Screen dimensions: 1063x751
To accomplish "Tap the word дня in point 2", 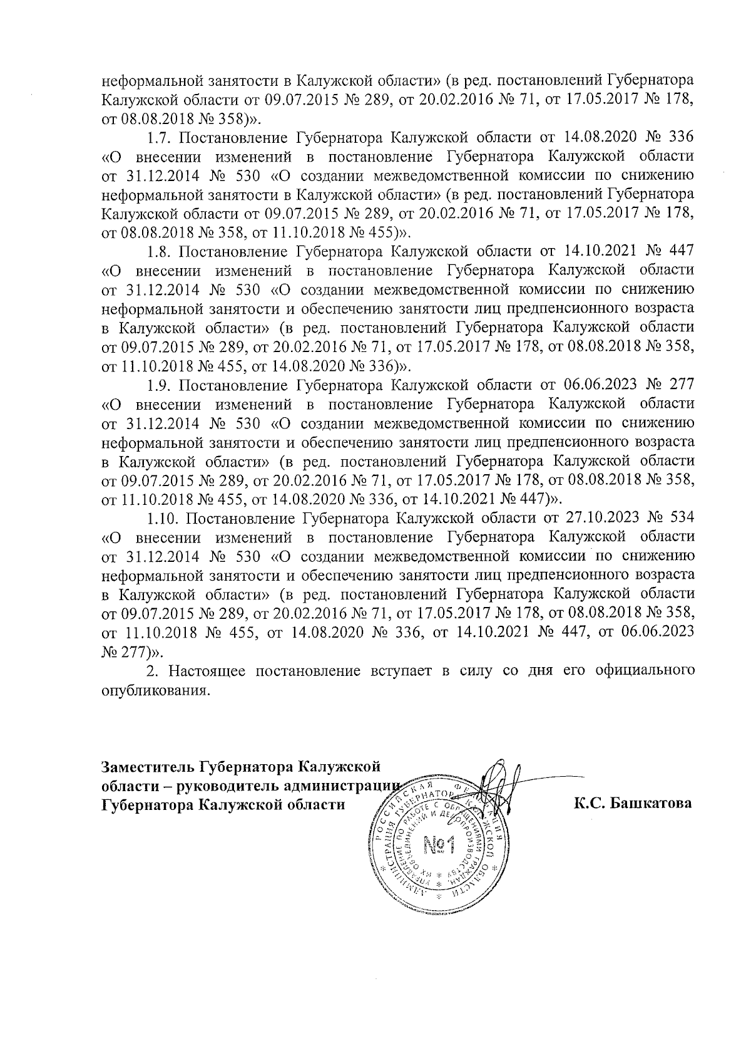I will (546, 672).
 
